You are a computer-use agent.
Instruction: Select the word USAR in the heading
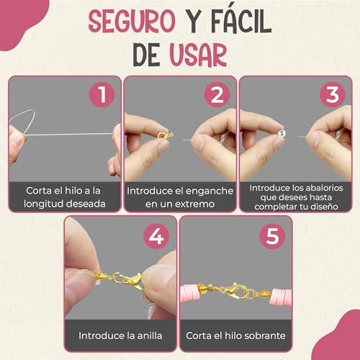pyautogui.click(x=198, y=55)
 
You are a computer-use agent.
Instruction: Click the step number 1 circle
pyautogui.click(x=102, y=94)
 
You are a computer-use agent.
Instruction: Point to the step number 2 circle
pyautogui.click(x=217, y=94)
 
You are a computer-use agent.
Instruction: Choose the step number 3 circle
pyautogui.click(x=333, y=94)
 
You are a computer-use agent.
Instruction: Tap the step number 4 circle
pyautogui.click(x=156, y=236)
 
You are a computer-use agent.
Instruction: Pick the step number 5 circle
pyautogui.click(x=272, y=236)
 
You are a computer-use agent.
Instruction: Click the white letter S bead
pyautogui.click(x=282, y=133)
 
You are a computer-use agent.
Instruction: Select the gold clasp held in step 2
pyautogui.click(x=165, y=135)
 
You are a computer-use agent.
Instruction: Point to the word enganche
pyautogui.click(x=210, y=192)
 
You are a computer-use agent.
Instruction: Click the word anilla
pyautogui.click(x=150, y=336)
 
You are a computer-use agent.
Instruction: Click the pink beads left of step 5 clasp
pyautogui.click(x=190, y=292)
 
